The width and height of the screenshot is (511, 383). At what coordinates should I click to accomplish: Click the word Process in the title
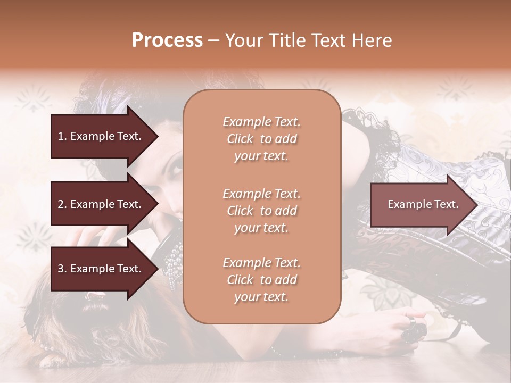click(167, 40)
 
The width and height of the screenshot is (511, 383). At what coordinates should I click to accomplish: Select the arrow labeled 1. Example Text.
click(99, 136)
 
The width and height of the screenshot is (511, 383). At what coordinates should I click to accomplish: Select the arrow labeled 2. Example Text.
click(99, 204)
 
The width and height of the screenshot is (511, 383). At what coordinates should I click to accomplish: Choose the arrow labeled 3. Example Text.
click(99, 269)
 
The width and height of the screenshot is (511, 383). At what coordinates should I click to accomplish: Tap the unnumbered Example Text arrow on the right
click(423, 204)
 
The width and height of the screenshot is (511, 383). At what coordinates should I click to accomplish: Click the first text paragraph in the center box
click(261, 139)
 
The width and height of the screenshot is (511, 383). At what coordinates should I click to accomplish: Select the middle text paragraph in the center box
click(261, 211)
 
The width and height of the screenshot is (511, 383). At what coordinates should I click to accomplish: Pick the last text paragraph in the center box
click(261, 280)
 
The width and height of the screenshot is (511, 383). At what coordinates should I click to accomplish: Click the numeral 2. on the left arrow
click(62, 204)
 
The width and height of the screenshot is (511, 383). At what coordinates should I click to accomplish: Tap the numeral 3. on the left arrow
click(62, 269)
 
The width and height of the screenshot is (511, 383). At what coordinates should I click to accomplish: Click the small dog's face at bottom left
click(96, 314)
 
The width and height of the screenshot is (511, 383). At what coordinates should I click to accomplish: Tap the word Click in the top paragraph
click(240, 139)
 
